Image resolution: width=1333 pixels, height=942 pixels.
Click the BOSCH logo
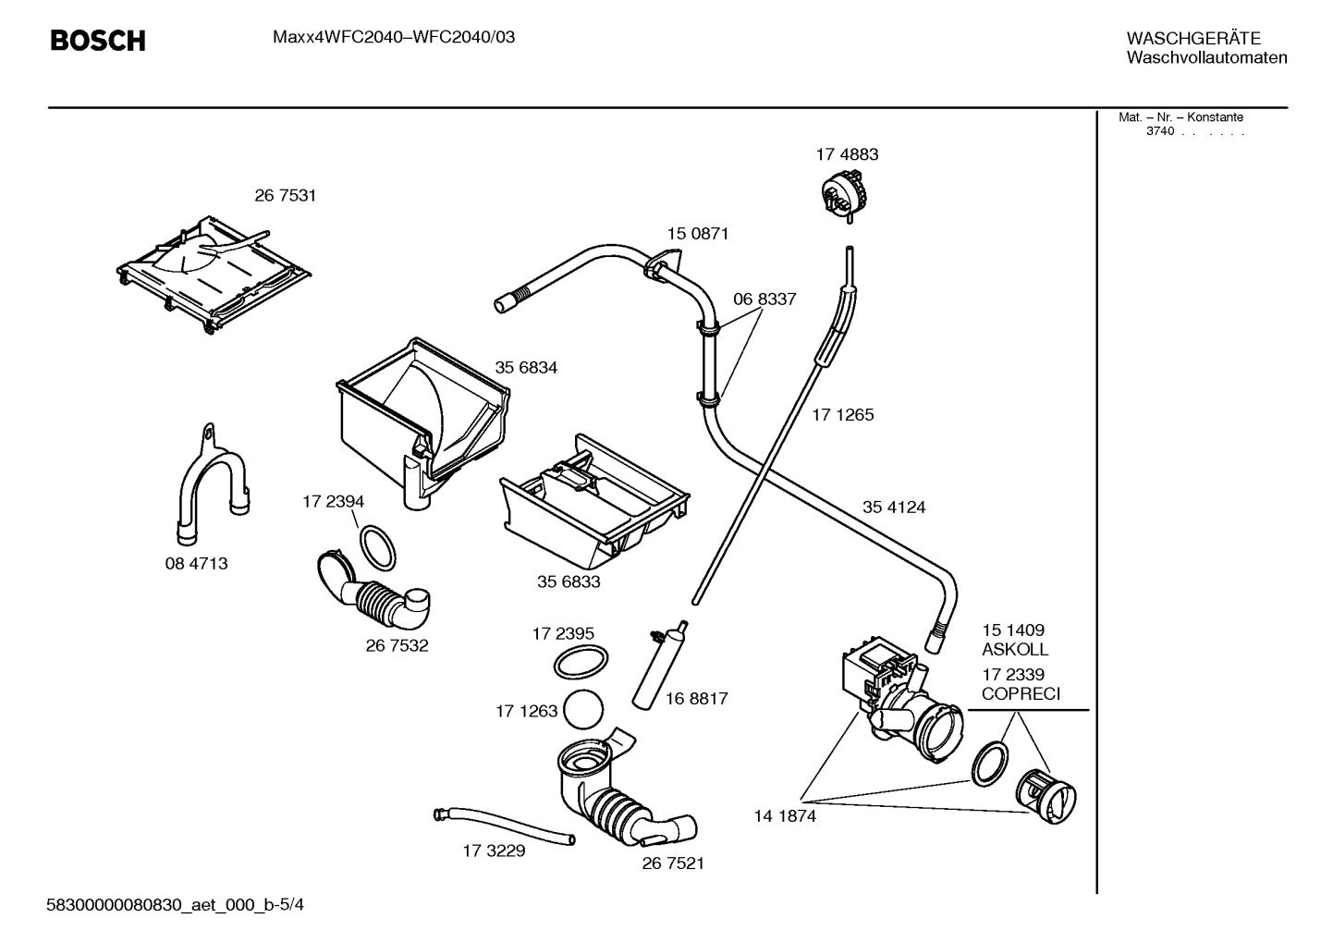point(97,41)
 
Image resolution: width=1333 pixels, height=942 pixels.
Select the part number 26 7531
point(285,196)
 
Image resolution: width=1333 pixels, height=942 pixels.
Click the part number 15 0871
point(698,234)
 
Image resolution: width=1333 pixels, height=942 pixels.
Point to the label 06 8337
point(764,300)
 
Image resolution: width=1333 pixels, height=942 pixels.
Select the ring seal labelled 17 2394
point(378,547)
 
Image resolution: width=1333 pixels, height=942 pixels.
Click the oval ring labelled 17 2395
point(581,663)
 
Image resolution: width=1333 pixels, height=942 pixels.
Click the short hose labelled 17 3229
point(505,826)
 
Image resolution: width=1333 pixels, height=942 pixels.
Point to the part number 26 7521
point(673,863)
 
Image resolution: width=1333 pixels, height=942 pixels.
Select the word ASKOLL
point(1015,650)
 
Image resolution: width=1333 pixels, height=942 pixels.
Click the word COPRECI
point(1021,694)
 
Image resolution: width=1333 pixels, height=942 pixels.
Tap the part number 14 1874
point(785,816)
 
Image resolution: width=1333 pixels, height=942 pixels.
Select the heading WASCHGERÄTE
point(1193,39)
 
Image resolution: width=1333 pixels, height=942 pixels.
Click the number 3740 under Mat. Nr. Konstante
point(1160,131)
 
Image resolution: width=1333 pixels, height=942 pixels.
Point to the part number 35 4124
point(894,508)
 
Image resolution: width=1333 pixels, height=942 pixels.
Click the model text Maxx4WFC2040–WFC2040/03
point(394,38)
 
